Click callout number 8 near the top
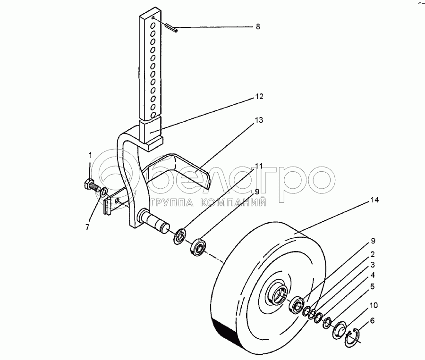[x=258, y=26]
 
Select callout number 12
[x=259, y=96]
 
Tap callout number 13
[x=259, y=120]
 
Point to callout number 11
[x=259, y=166]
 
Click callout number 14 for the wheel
[x=375, y=200]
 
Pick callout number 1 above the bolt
[x=90, y=155]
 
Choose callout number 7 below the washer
[x=87, y=227]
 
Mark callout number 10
[x=374, y=305]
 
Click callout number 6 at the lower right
[x=372, y=321]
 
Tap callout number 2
[x=373, y=254]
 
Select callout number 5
[x=373, y=286]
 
